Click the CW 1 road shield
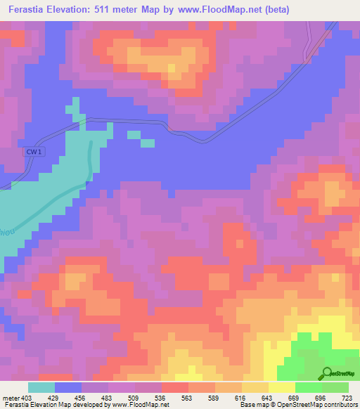pyautogui.click(x=30, y=152)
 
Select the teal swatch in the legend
pyautogui.click(x=41, y=387)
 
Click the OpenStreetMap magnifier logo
pyautogui.click(x=327, y=373)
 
